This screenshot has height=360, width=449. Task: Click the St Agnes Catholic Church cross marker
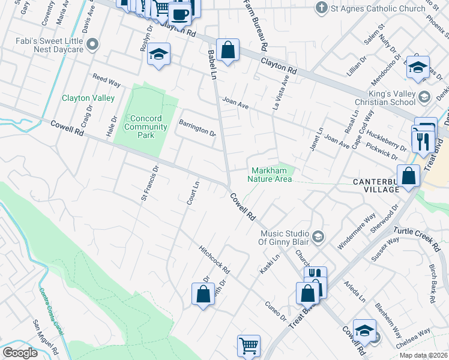point(322,8)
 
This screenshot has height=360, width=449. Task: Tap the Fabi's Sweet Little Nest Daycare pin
point(92,43)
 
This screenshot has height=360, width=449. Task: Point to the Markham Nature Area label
point(271,175)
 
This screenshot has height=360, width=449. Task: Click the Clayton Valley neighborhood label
point(88,98)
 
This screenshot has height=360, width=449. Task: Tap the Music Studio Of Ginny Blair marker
point(318,237)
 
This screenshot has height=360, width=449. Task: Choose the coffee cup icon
point(179,14)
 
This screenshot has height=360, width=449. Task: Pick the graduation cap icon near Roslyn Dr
point(158,56)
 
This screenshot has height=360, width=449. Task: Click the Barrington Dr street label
point(197,127)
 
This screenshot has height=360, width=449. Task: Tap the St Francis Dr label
point(149,183)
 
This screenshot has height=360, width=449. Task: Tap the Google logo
point(20,352)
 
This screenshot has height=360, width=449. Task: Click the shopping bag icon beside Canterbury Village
point(408,176)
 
